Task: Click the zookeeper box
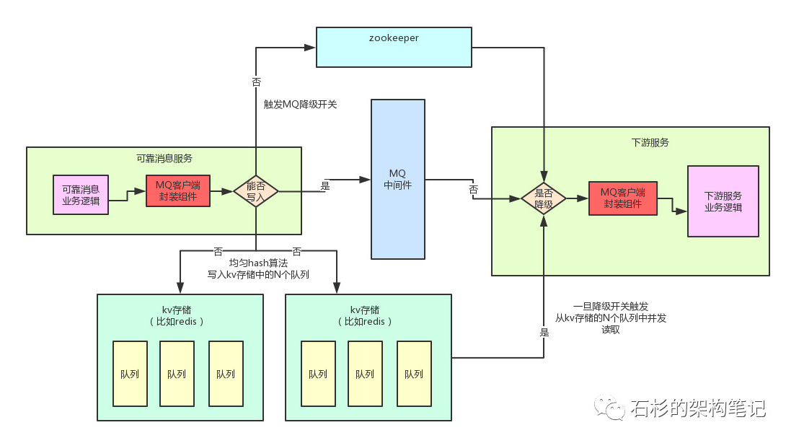394,47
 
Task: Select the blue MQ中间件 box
398,179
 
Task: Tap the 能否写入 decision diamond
256,191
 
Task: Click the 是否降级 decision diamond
544,198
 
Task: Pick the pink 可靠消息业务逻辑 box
81,195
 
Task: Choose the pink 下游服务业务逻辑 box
723,201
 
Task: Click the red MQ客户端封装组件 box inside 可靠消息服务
178,190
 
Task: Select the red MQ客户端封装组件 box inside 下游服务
622,198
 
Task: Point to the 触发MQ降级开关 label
300,105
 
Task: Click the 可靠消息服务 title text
164,159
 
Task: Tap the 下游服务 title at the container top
650,142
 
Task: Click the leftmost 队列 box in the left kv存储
130,374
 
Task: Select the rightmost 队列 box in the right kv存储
414,374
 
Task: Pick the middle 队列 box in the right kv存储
365,374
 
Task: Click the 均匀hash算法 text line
258,263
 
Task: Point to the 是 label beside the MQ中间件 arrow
325,186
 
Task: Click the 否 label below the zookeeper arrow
256,82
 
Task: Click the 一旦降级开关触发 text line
611,306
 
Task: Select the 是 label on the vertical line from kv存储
544,332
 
